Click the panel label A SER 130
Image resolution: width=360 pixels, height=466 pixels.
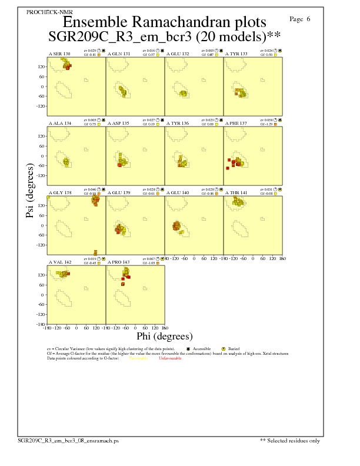pyautogui.click(x=59, y=54)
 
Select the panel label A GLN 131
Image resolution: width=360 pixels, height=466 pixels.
pyautogui.click(x=118, y=54)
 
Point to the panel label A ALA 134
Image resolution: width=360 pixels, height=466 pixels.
pyautogui.click(x=59, y=123)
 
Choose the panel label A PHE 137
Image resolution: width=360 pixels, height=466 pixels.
pyautogui.click(x=236, y=123)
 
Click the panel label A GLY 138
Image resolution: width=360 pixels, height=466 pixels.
pyautogui.click(x=59, y=192)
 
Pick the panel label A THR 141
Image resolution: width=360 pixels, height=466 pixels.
pyautogui.click(x=236, y=192)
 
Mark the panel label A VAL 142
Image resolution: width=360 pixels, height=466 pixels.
pyautogui.click(x=59, y=261)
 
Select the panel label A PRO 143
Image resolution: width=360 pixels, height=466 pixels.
pyautogui.click(x=118, y=261)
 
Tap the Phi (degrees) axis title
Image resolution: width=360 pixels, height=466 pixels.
pyautogui.click(x=165, y=337)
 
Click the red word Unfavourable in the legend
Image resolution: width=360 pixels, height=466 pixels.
pyautogui.click(x=170, y=358)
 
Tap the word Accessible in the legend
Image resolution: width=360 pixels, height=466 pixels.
pyautogui.click(x=202, y=349)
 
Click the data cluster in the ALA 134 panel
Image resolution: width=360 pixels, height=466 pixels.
pyautogui.click(x=66, y=162)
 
